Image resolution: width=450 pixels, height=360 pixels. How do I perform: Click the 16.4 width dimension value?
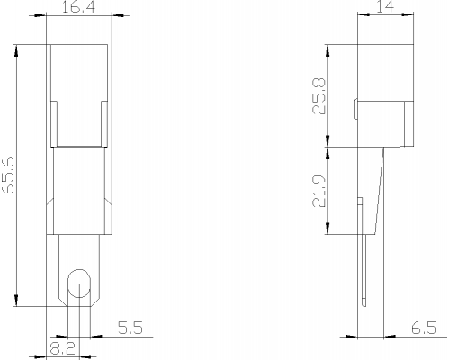[x=78, y=6]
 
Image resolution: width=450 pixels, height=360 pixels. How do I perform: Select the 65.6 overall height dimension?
[x=8, y=175]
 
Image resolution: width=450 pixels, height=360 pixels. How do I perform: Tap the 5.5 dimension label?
[x=130, y=328]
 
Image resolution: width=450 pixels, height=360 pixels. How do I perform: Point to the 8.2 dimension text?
[x=62, y=348]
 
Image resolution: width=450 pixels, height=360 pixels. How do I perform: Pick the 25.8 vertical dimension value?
[x=319, y=96]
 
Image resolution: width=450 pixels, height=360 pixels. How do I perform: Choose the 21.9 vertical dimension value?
[x=319, y=191]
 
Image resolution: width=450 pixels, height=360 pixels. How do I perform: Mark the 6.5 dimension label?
[x=424, y=328]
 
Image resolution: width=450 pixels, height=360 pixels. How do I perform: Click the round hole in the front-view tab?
[x=79, y=283]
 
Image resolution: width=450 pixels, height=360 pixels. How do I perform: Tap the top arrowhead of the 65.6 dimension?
[x=16, y=51]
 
